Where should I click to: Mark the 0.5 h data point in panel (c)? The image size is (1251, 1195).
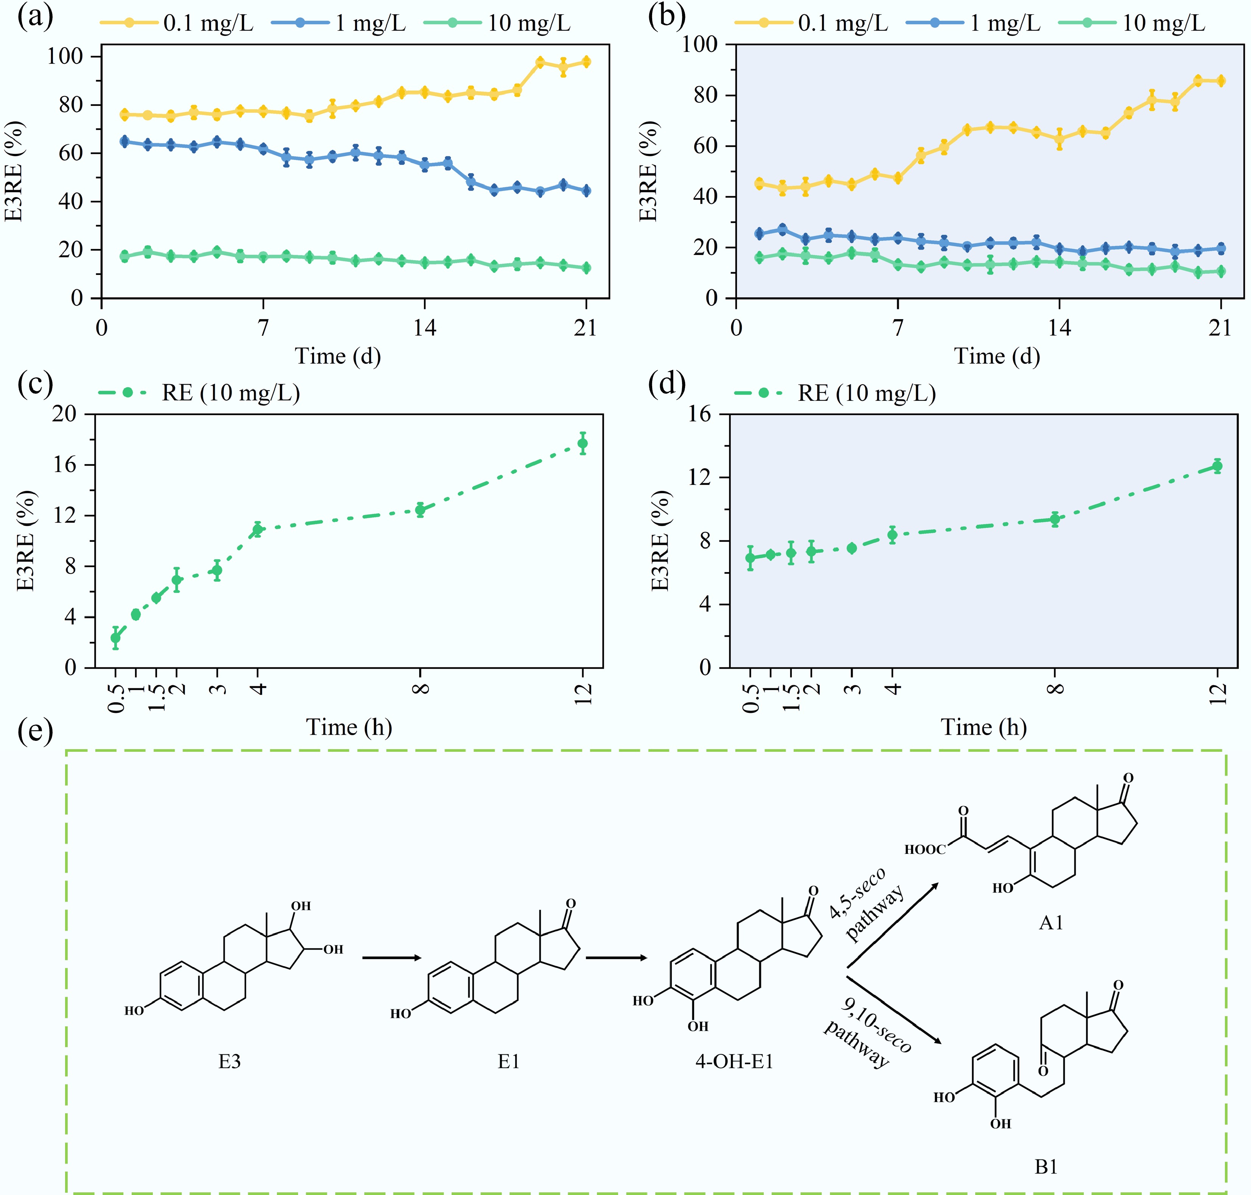coord(115,638)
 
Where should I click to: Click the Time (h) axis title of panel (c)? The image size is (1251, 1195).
coord(349,727)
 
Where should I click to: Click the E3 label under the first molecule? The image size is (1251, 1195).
coord(229,1061)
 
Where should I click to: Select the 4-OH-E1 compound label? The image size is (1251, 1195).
coord(734,1061)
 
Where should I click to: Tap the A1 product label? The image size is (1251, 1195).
coord(1051,923)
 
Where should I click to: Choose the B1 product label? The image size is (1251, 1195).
coord(1046,1166)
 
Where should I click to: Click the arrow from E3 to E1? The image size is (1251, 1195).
coord(391,958)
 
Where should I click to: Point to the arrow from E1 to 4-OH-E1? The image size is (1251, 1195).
coord(615,958)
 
